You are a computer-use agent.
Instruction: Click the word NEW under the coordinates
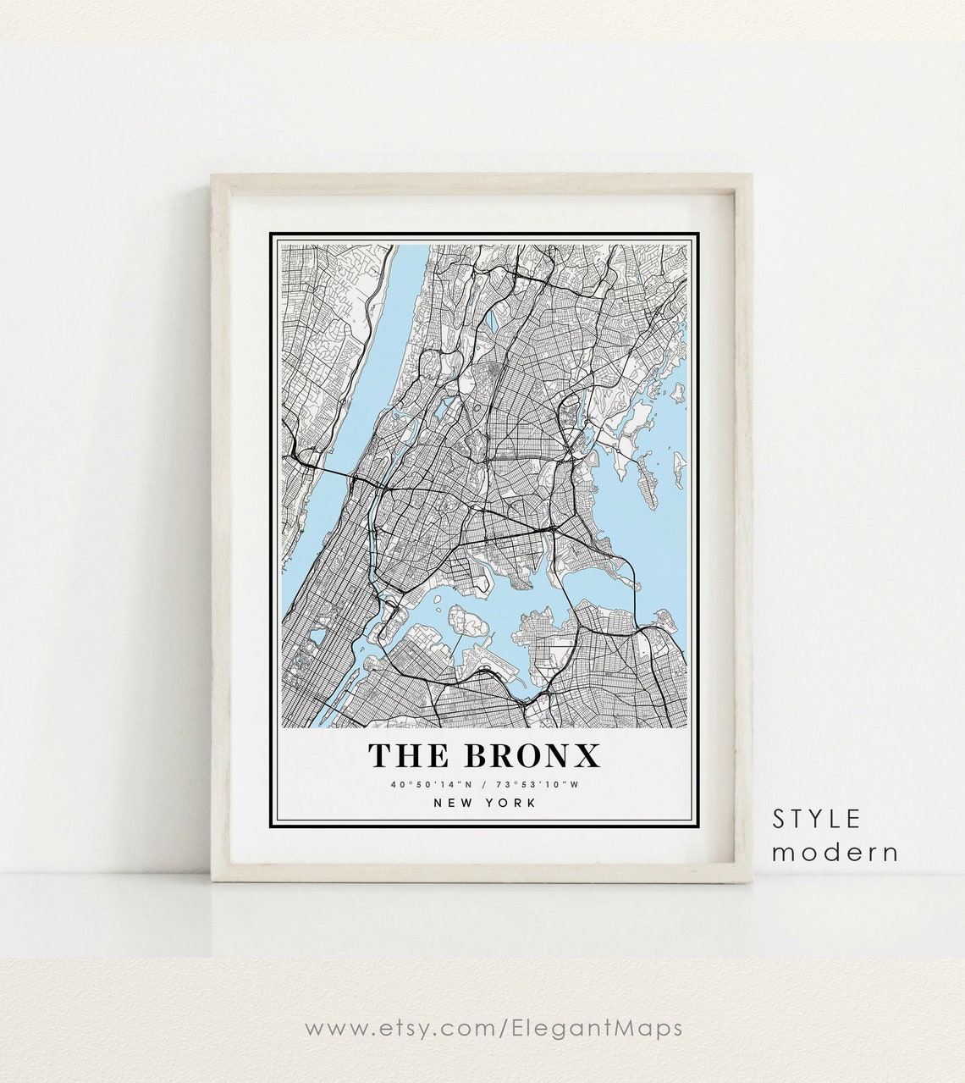tap(455, 803)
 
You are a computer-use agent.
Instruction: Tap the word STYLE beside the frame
tap(816, 819)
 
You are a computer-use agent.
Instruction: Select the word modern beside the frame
tap(835, 851)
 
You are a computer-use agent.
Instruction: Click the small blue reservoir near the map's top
tap(492, 322)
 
